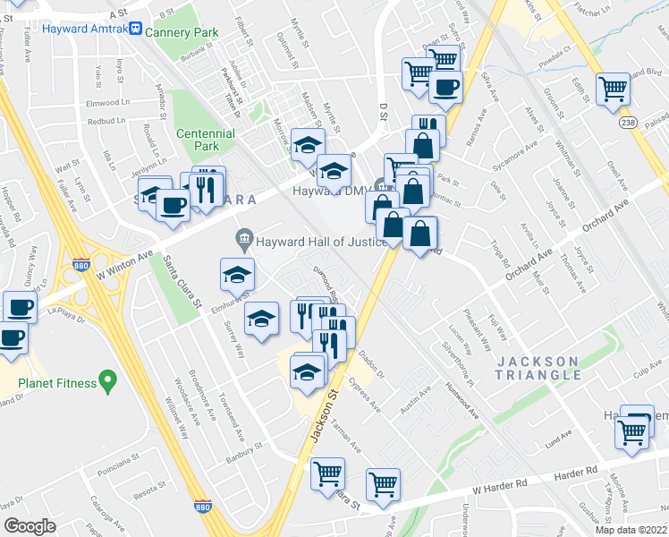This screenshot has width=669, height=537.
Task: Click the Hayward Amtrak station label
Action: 86,28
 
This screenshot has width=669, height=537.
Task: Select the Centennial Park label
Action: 205,140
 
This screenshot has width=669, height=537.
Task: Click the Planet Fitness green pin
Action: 108,382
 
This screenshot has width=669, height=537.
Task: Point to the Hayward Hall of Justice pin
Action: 242,239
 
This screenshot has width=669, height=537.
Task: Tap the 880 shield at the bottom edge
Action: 203,507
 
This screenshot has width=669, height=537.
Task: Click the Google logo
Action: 30,526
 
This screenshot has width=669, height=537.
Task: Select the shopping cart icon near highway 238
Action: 614,89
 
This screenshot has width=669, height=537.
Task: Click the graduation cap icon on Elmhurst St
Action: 237,275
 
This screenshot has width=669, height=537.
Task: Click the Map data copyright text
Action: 631,530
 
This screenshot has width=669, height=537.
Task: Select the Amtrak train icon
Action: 135,28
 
